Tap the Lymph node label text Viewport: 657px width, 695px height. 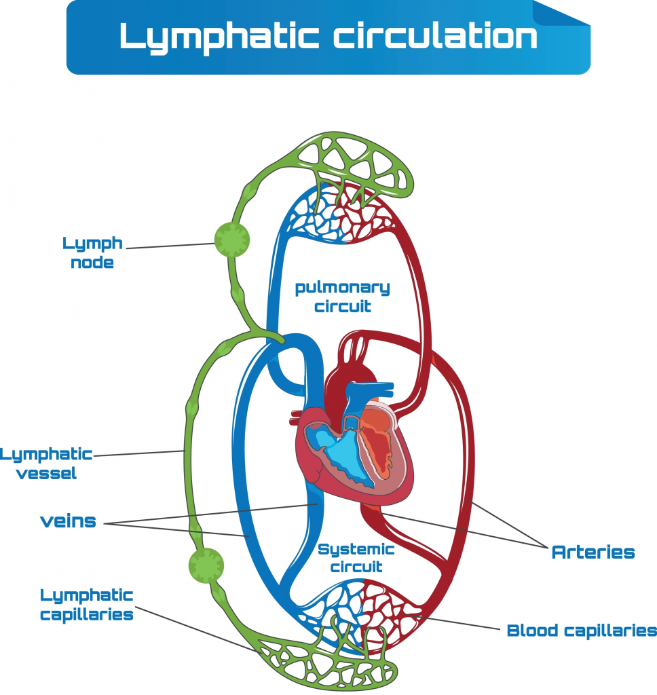[92, 252]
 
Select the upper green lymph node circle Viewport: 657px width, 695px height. [232, 239]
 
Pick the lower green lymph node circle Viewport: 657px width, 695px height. [206, 564]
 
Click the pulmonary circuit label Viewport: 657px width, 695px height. [342, 297]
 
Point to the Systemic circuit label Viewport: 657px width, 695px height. [356, 557]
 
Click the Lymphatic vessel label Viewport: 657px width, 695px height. [46, 464]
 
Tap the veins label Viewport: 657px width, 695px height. [68, 522]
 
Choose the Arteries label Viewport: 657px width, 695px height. [593, 552]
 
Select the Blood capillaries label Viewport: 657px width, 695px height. [582, 631]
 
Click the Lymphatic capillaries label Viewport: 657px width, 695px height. [86, 605]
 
